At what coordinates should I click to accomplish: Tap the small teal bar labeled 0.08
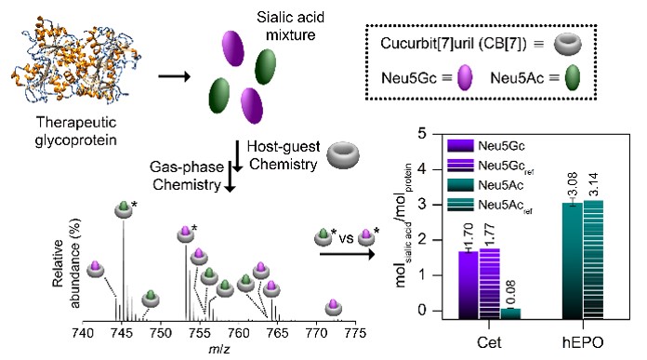pos(512,313)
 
